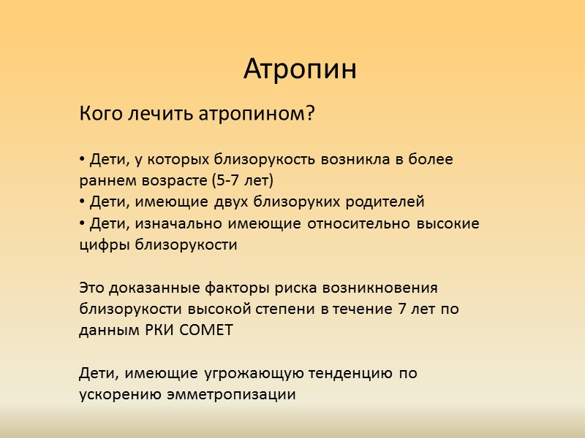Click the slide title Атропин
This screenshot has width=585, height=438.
click(x=300, y=70)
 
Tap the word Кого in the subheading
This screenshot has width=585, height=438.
click(x=98, y=115)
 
